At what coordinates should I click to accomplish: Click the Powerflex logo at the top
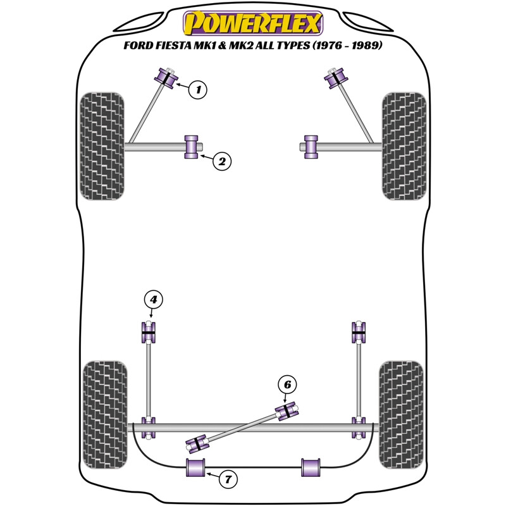pos(253,23)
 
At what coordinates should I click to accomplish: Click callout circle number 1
pos(198,90)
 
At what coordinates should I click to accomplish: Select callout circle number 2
pos(221,162)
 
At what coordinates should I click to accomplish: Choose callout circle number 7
pos(228,480)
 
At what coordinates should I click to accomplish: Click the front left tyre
pos(101,146)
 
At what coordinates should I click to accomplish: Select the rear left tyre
pos(105,414)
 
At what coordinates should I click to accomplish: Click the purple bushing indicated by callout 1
pos(168,78)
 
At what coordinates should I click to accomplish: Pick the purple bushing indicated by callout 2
pos(192,147)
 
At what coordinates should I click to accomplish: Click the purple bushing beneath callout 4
pos(149,332)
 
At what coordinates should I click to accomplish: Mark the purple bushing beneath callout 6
pos(287,410)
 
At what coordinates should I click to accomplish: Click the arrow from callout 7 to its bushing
pos(211,475)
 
